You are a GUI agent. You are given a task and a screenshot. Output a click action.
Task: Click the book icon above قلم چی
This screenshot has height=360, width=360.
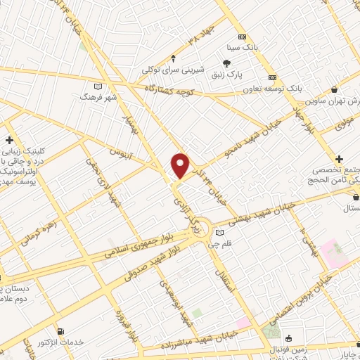(221, 233)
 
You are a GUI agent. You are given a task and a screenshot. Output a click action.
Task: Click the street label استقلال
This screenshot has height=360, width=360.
(221, 280)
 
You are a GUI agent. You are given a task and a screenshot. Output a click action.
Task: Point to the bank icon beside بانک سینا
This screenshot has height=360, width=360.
(242, 36)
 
